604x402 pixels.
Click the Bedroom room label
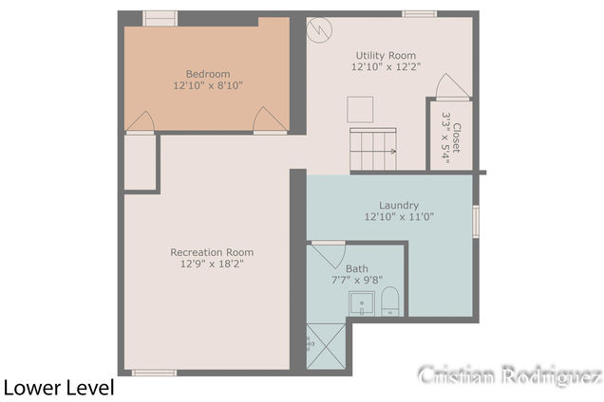[x=208, y=74]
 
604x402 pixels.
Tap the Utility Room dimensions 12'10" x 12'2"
[x=386, y=66]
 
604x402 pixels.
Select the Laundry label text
[x=399, y=206]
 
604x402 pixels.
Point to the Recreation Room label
[x=212, y=252]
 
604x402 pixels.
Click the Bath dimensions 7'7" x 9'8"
[x=357, y=280]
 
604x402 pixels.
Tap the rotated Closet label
[x=457, y=137]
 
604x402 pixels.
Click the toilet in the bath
[x=389, y=301]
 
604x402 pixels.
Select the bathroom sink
[x=362, y=303]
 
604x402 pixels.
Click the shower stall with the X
[x=327, y=347]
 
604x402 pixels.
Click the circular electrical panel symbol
[x=319, y=30]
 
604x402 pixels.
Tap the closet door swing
[x=453, y=86]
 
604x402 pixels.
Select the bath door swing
[x=329, y=255]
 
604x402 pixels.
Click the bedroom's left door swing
[x=141, y=122]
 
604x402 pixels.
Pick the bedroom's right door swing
[x=270, y=120]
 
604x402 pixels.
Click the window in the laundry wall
[x=476, y=222]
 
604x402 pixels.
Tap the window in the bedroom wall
[x=160, y=18]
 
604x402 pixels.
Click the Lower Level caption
[x=59, y=388]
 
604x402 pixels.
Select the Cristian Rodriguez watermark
[x=510, y=375]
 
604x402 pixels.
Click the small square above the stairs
[x=360, y=110]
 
